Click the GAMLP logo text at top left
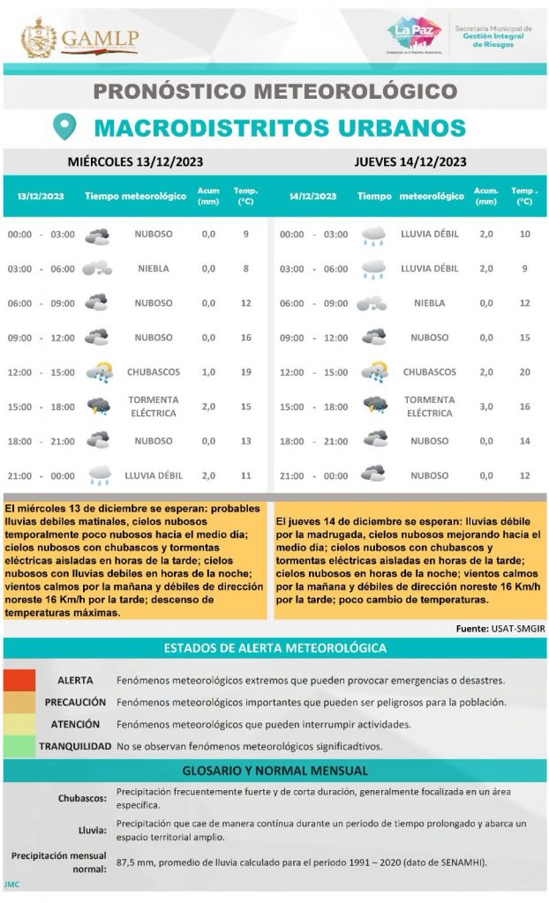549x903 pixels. [100, 40]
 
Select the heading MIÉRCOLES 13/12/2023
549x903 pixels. [136, 161]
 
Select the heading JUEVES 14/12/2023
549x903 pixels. [410, 161]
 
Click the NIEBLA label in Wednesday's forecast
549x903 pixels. [154, 269]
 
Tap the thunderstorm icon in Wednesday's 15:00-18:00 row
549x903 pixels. [98, 407]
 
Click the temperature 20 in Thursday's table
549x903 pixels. [524, 372]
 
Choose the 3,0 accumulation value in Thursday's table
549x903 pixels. [485, 407]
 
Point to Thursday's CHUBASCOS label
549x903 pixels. [430, 372]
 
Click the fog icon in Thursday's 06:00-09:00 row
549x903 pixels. [372, 303]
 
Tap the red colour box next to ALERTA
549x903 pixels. [19, 681]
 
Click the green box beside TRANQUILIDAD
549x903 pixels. [19, 747]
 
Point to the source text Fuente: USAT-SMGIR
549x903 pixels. [498, 629]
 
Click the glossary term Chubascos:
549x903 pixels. [83, 799]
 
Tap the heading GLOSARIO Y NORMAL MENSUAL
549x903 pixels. [274, 771]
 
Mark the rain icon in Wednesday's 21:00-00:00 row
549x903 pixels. [99, 475]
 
